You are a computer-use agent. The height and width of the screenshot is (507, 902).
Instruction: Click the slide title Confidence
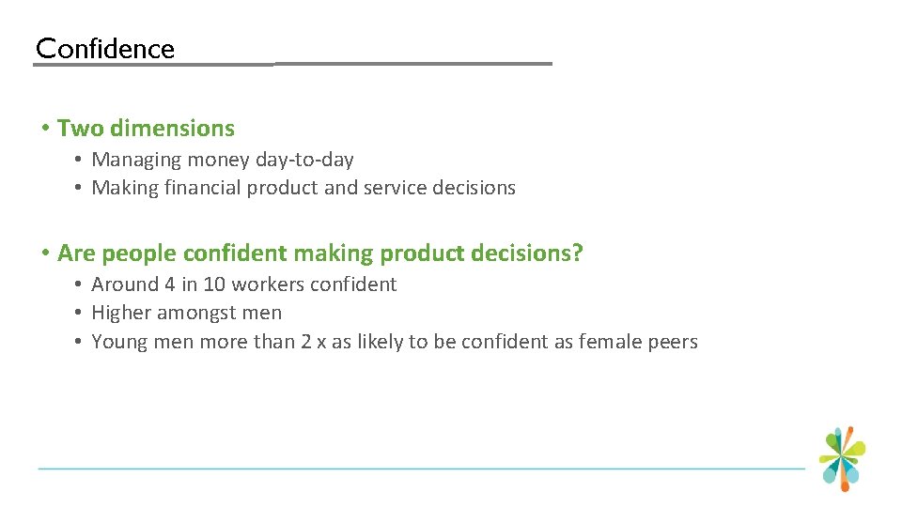coord(105,49)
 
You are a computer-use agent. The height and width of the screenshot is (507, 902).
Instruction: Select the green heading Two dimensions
coord(146,129)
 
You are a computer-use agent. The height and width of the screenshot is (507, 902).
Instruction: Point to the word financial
coord(203,188)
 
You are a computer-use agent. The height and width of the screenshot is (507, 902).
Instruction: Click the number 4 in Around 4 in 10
coord(165,284)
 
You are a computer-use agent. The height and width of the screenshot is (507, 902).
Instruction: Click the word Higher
coord(121,313)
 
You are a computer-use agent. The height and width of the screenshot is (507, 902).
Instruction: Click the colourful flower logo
coord(842,458)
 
